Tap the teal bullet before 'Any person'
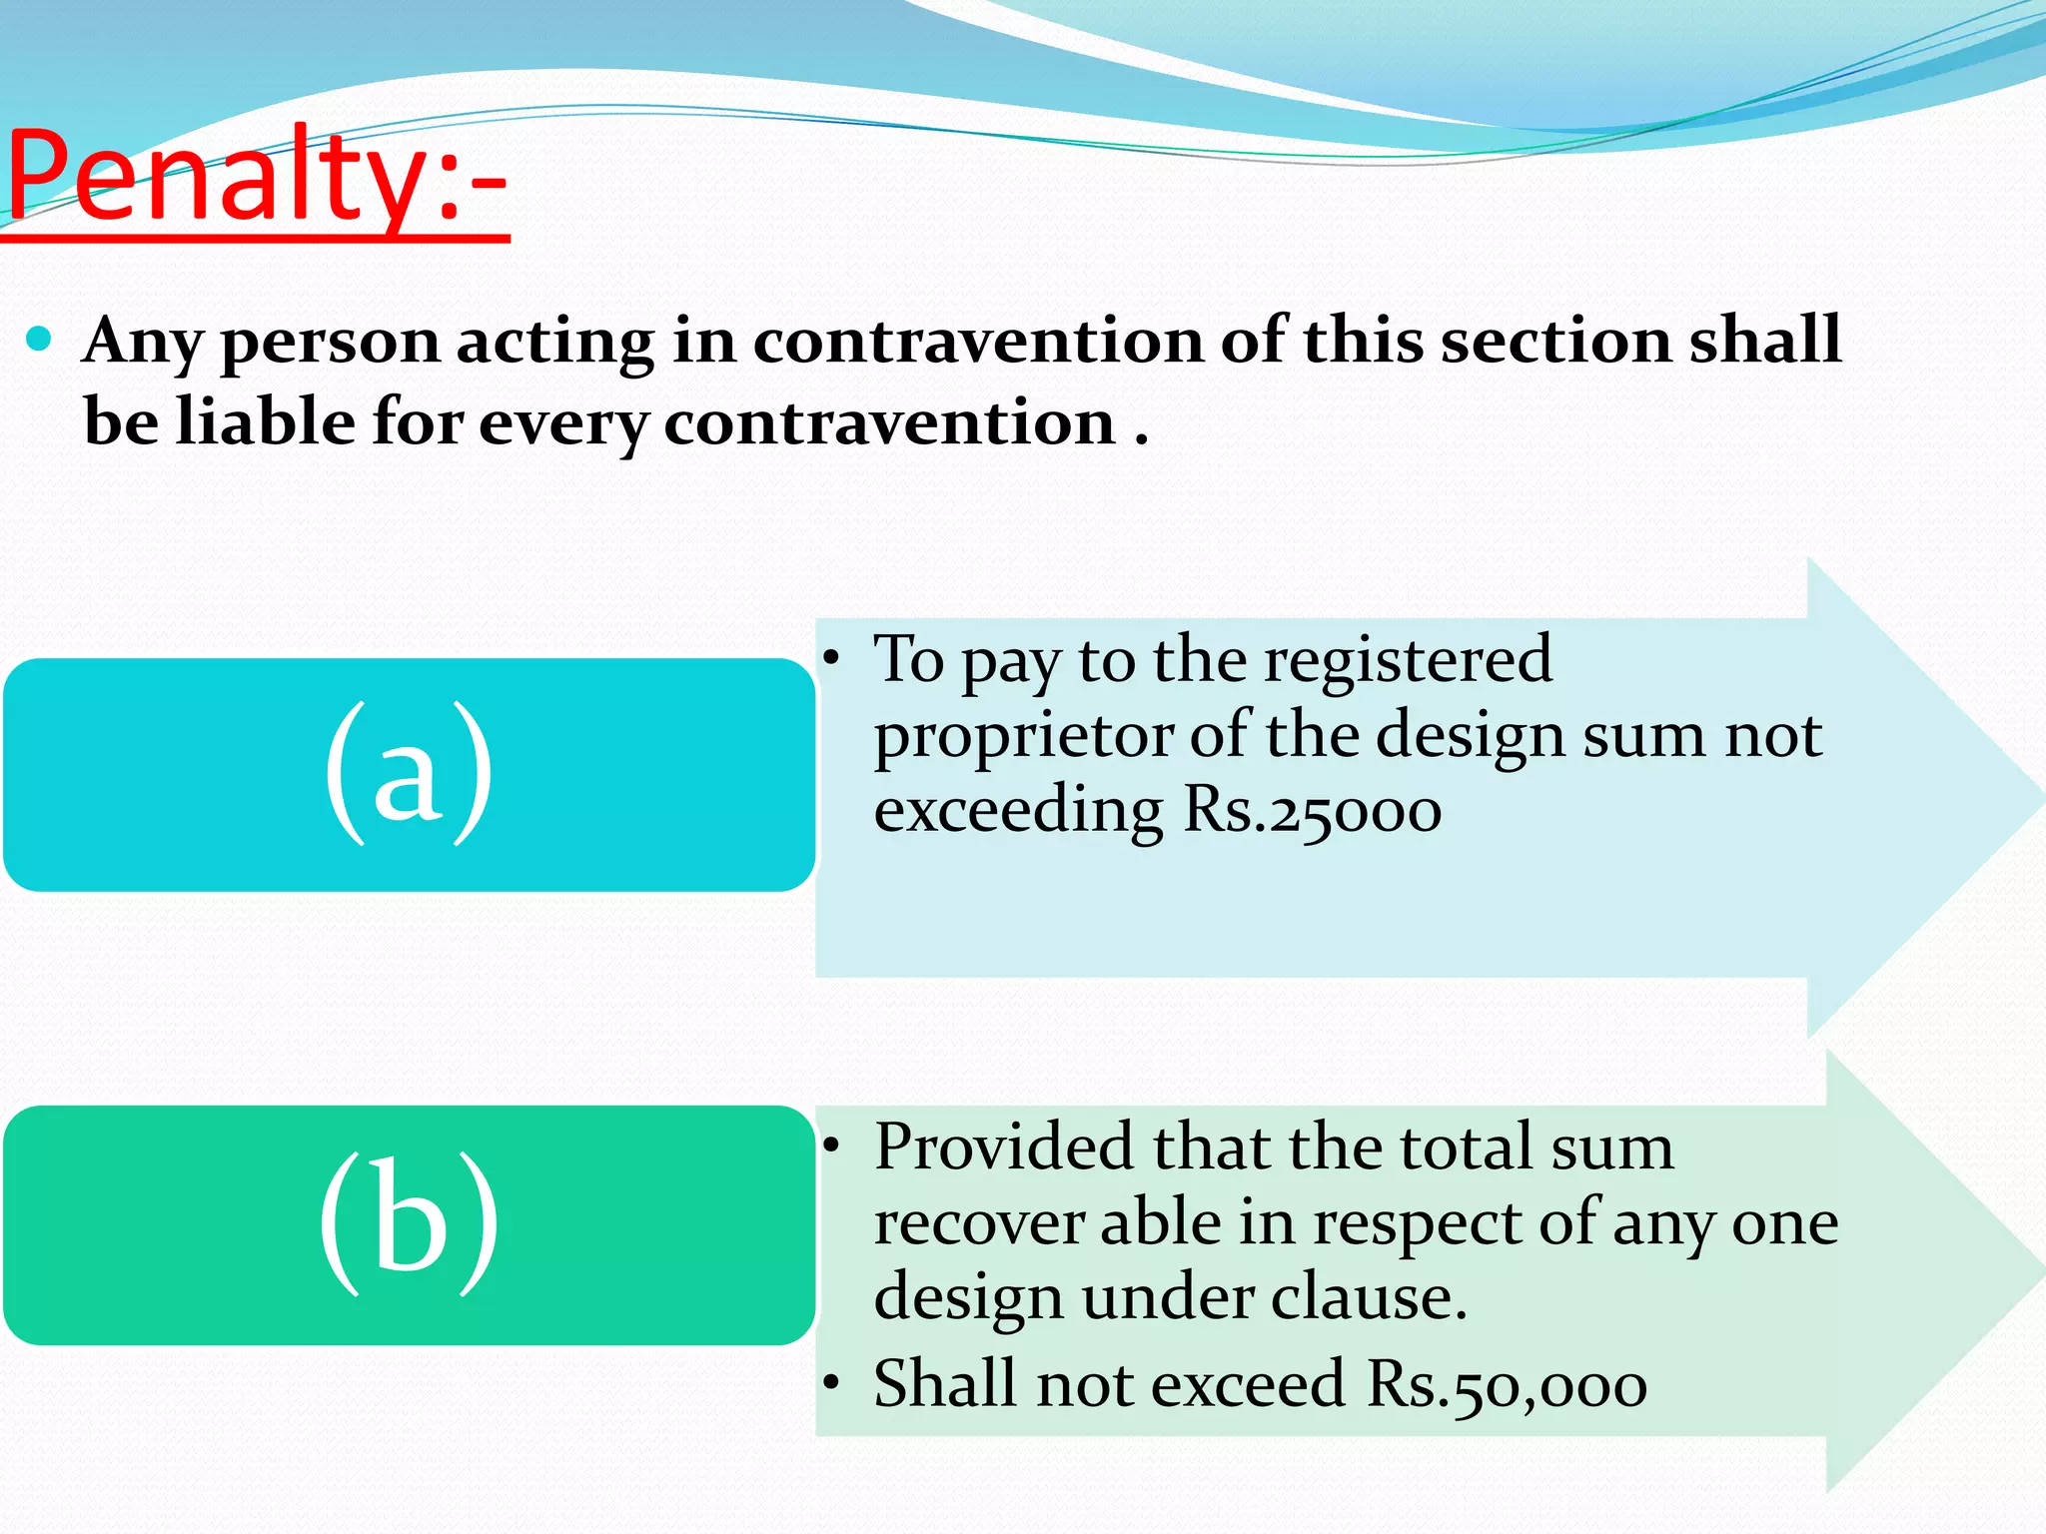39,340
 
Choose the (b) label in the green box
409,1222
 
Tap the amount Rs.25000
1312,810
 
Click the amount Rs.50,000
1507,1385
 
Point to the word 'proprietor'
1023,737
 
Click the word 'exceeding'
1018,810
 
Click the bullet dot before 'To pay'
830,659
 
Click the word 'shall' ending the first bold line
1765,341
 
